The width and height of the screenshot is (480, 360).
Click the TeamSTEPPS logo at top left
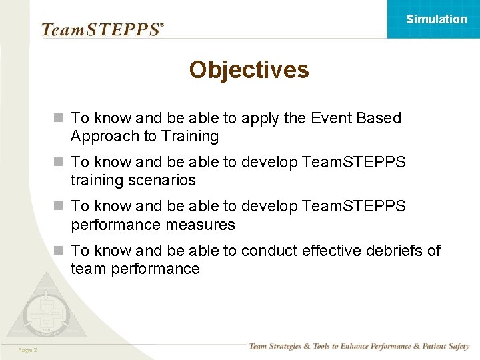point(102,29)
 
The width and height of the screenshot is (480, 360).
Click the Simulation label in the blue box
point(437,19)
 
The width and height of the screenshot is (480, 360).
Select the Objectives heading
point(249,70)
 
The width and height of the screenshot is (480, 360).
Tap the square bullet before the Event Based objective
point(59,118)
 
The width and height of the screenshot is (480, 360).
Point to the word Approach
point(102,136)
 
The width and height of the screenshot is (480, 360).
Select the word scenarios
point(163,180)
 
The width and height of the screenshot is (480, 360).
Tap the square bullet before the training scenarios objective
point(59,162)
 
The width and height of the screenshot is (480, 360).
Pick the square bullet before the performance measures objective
point(59,207)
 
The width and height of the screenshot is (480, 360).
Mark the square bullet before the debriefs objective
point(59,251)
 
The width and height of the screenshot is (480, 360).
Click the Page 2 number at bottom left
point(28,350)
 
